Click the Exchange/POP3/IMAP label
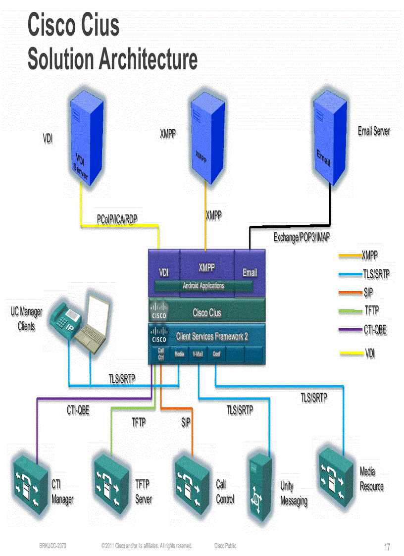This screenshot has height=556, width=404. pos(302,237)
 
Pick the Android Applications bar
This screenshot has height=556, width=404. pos(203,286)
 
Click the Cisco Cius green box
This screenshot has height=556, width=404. pos(207,313)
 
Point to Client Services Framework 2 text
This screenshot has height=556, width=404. pos(212,337)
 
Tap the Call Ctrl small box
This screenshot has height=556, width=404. pos(161,354)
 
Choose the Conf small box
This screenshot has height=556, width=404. pos(216,354)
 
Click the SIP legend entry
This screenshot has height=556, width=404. pos(368,292)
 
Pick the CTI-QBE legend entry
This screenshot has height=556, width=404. pos(374,329)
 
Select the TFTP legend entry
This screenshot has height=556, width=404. pos(371,310)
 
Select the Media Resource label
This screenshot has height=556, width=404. pos(371,479)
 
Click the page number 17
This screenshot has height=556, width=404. pos(387,547)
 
